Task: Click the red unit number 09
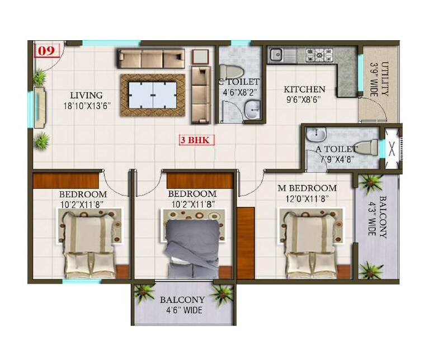coord(47,51)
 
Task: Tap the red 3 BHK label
coord(195,140)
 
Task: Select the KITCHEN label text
coord(304,89)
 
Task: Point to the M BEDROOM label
coord(307,188)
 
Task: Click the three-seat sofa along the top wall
coord(150,58)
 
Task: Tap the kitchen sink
coord(277,55)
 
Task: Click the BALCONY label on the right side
coord(383,217)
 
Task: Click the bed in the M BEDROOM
coord(310,244)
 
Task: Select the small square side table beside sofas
coord(200,56)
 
